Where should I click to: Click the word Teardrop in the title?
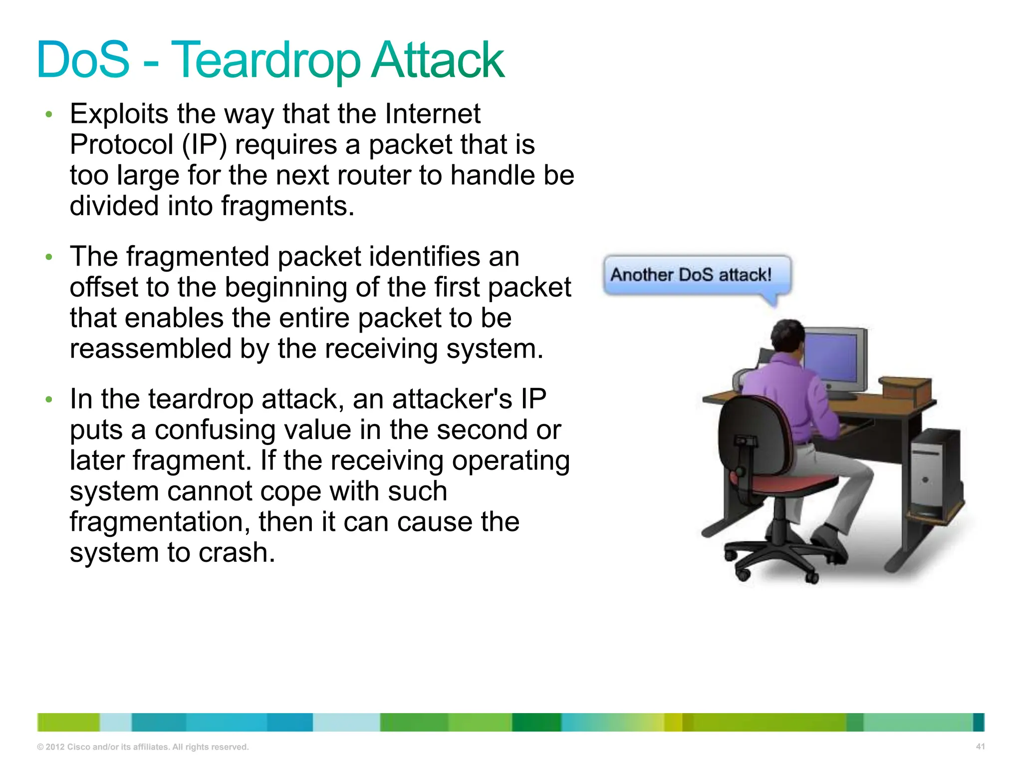pyautogui.click(x=265, y=61)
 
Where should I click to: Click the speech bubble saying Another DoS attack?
pyautogui.click(x=696, y=275)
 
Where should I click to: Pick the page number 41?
pyautogui.click(x=980, y=747)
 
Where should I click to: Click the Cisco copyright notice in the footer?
pyautogui.click(x=143, y=747)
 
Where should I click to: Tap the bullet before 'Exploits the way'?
pyautogui.click(x=49, y=115)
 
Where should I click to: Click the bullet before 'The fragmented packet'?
pyautogui.click(x=49, y=258)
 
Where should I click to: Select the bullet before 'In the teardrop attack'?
pyautogui.click(x=49, y=400)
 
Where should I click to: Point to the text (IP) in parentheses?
pyautogui.click(x=204, y=145)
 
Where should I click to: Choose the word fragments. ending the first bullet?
pyautogui.click(x=287, y=206)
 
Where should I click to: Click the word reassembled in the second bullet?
pyautogui.click(x=150, y=349)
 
